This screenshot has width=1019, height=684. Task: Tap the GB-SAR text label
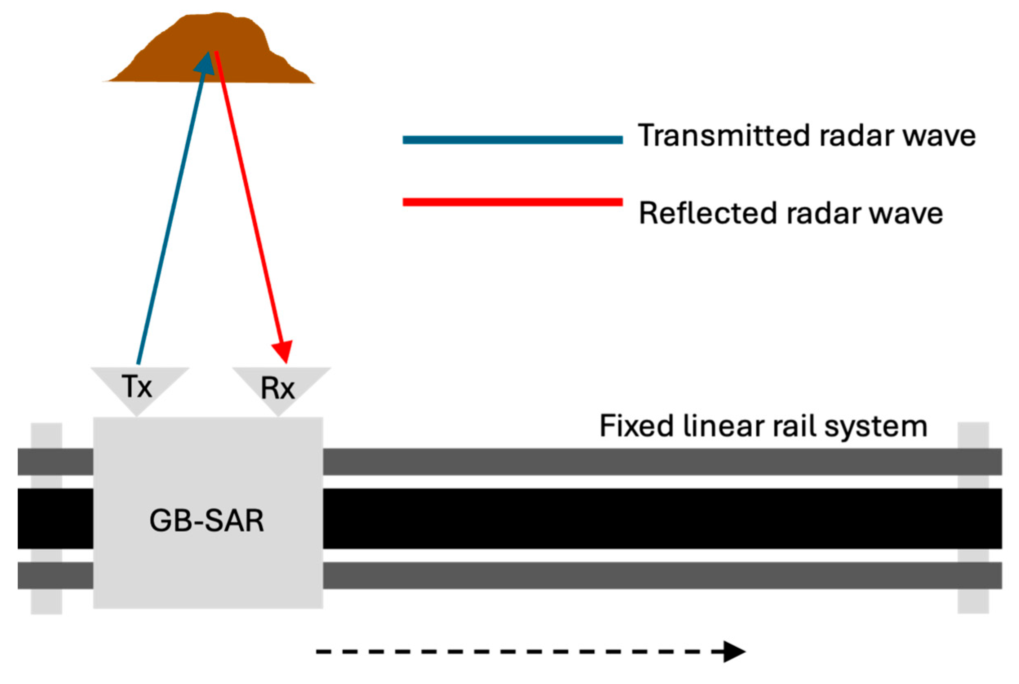(x=206, y=521)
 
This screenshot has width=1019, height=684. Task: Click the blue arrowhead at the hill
(x=205, y=63)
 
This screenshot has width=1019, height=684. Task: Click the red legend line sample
(x=512, y=202)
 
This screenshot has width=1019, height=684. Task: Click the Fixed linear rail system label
(x=763, y=426)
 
